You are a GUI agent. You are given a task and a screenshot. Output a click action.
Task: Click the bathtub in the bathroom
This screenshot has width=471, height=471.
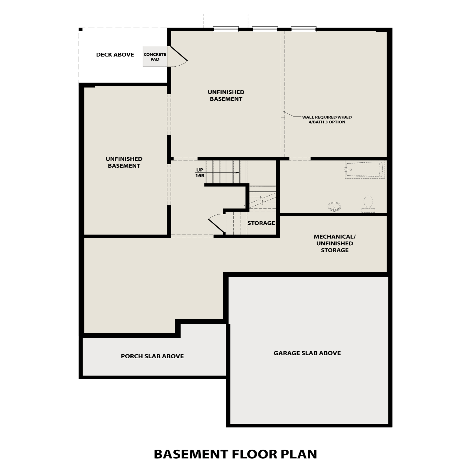(x=365, y=170)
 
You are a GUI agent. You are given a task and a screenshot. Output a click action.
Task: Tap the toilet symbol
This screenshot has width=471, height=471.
(x=368, y=204)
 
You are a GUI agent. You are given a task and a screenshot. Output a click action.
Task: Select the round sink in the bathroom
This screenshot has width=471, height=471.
(x=334, y=207)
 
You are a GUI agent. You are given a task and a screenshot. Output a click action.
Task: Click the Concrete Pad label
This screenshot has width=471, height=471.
(x=155, y=57)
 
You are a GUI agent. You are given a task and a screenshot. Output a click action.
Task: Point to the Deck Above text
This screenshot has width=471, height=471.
(x=115, y=55)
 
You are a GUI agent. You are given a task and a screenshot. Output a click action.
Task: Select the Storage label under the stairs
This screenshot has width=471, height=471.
(x=261, y=223)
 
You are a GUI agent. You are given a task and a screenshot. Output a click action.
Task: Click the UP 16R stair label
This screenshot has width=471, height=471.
(x=200, y=173)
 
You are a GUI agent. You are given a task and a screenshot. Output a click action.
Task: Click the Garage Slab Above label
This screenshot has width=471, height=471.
(x=307, y=353)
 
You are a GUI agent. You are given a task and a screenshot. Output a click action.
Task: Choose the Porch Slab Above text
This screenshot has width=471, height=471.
(x=152, y=356)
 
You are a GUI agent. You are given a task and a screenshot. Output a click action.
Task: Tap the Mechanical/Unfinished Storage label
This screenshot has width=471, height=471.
(x=334, y=243)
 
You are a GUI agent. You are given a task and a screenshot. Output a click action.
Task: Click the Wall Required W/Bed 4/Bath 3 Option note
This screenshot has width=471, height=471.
(x=327, y=119)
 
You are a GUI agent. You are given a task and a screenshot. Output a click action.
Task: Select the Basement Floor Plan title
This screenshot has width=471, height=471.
(x=235, y=454)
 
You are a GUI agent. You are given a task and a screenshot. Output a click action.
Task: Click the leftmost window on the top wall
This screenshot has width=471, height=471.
(x=226, y=29)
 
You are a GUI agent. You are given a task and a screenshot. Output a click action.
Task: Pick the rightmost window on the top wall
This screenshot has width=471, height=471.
(x=303, y=29)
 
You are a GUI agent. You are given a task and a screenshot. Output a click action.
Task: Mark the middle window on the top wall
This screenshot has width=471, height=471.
(x=265, y=29)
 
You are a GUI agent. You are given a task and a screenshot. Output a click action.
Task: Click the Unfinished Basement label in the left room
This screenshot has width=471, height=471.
(x=124, y=162)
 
